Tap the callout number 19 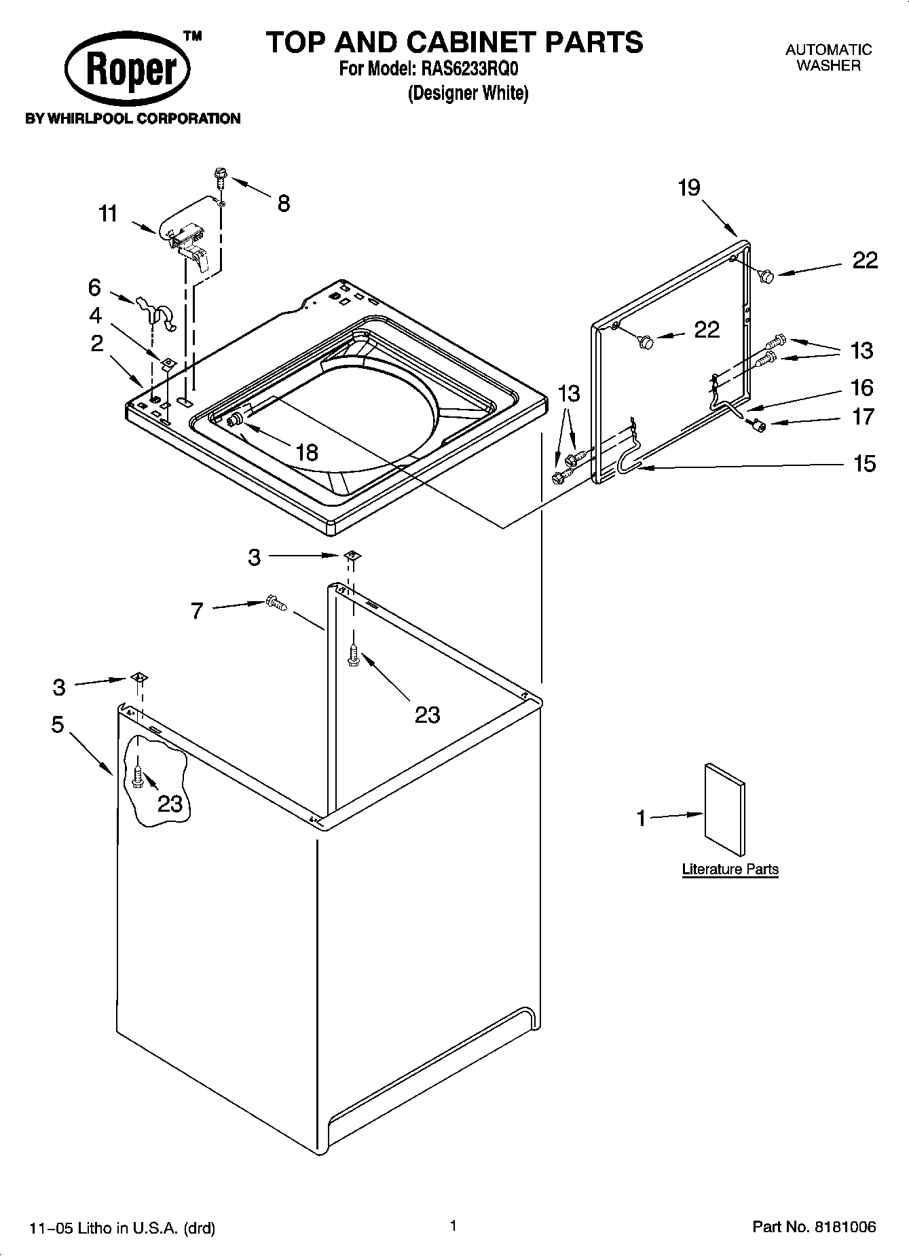pos(689,187)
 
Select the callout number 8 pos(284,202)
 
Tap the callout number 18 pos(307,452)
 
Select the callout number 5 pos(58,725)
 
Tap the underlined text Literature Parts pos(730,869)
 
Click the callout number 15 pos(864,464)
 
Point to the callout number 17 pos(863,416)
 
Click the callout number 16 pos(862,388)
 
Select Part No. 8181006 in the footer pos(814,1227)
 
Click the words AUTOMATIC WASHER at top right pos(828,58)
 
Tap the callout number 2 pos(97,344)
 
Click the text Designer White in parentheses pos(468,93)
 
